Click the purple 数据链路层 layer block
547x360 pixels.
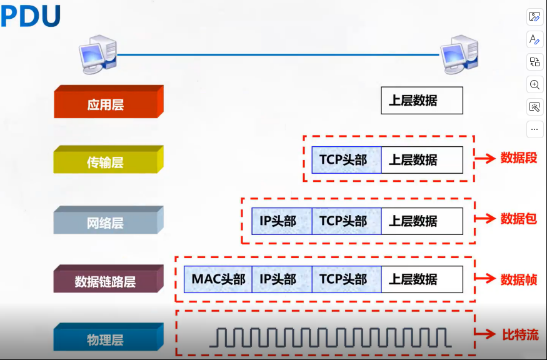(x=106, y=282)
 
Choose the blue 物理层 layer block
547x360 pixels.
(x=106, y=340)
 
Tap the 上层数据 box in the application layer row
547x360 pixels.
(x=422, y=101)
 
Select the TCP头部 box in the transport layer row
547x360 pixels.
(x=346, y=160)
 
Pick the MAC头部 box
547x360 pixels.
(x=218, y=279)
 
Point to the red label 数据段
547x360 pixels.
(x=518, y=158)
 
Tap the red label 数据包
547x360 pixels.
(x=518, y=219)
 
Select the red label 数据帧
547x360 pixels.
(x=518, y=279)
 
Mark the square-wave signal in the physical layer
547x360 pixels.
(x=330, y=337)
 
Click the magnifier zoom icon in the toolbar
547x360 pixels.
(x=534, y=84)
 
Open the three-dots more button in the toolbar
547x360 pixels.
(x=534, y=129)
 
